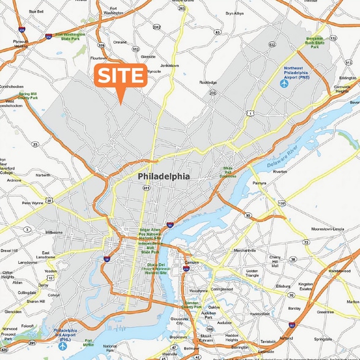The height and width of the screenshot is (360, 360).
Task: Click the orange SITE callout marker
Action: click(x=121, y=77)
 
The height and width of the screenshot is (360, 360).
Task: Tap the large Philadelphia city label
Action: click(x=163, y=176)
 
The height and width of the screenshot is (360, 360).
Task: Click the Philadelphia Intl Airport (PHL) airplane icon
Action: click(x=63, y=329)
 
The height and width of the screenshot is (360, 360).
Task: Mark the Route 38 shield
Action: click(x=293, y=259)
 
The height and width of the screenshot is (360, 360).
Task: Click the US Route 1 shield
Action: click(x=250, y=114)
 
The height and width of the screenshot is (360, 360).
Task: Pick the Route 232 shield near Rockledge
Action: click(x=212, y=93)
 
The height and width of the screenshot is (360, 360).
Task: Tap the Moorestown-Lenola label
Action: click(x=328, y=228)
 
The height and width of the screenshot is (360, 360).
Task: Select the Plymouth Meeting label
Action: click(x=20, y=43)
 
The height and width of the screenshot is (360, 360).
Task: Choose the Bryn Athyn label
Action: click(x=234, y=13)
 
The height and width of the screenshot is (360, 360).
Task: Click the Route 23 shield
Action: click(x=36, y=144)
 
